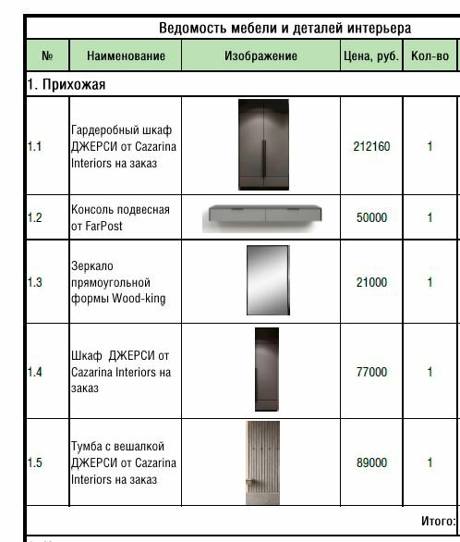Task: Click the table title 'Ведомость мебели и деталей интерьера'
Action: [284, 29]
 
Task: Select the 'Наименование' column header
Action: [126, 56]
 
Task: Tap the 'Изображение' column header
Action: [261, 56]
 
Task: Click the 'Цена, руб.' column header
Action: [369, 56]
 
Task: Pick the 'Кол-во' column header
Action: [430, 56]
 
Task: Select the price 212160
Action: [371, 146]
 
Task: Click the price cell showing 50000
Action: [371, 218]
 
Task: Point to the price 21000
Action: [371, 282]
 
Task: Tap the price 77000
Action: [371, 372]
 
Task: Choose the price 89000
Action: [371, 462]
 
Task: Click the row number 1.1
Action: [34, 146]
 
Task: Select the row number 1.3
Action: [34, 282]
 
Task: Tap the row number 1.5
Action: [34, 462]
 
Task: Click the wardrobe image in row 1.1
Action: [261, 145]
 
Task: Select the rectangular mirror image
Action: [261, 282]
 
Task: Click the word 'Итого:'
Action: [438, 521]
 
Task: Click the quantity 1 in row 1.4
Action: [430, 372]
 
